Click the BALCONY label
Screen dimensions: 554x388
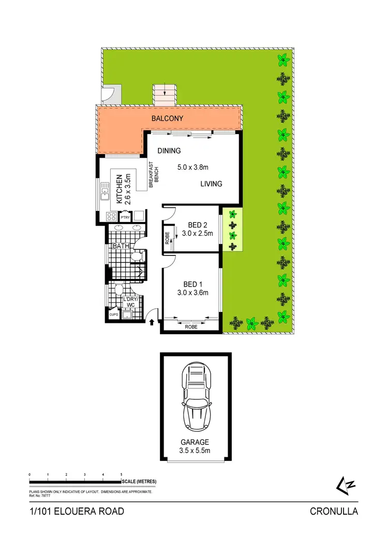(x=167, y=118)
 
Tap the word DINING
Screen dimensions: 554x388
(x=169, y=151)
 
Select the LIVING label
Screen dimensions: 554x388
(x=212, y=184)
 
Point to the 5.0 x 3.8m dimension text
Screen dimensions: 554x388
(x=192, y=167)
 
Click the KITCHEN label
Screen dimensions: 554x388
(x=118, y=188)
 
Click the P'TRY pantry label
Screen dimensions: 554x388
(x=125, y=217)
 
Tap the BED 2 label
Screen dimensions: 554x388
(x=194, y=225)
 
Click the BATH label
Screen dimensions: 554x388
(x=121, y=246)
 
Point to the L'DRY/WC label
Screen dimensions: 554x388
(x=128, y=302)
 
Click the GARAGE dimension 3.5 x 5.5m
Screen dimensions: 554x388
(x=195, y=450)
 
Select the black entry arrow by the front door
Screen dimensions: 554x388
(x=152, y=323)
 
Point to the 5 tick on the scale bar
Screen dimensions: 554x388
(x=121, y=474)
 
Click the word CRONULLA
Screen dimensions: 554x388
(x=334, y=512)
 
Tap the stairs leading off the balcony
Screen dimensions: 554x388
(x=165, y=94)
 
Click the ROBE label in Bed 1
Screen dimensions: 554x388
(x=191, y=326)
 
